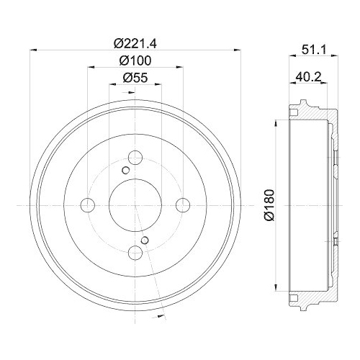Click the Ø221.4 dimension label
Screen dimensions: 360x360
tap(135, 41)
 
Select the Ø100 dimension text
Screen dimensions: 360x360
tap(135, 60)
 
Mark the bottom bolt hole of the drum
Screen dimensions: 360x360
tap(135, 253)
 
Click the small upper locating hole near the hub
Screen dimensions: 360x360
tap(125, 170)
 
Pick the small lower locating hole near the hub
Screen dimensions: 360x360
tap(145, 240)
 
